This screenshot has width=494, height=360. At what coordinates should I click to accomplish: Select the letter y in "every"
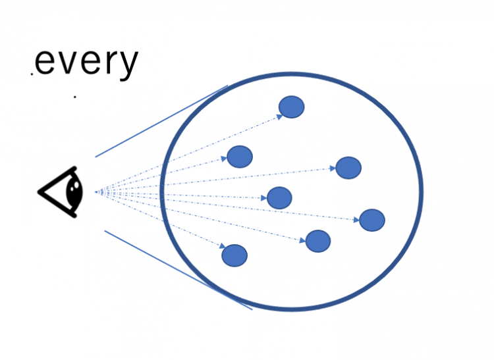click(126, 65)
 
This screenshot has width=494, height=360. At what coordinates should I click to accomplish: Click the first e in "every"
click(44, 63)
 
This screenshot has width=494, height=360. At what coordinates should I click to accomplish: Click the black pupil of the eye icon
click(74, 191)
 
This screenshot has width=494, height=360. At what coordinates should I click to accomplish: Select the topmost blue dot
click(291, 107)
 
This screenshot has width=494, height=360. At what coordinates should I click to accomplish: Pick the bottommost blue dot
click(234, 255)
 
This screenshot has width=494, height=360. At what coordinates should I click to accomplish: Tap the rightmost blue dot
click(372, 220)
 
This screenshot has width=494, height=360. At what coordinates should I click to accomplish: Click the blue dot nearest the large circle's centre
click(279, 197)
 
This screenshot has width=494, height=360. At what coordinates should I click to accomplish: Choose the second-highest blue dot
click(240, 157)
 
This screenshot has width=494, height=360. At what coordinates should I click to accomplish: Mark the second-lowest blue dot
click(318, 241)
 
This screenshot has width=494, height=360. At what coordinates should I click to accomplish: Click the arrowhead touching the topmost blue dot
click(280, 117)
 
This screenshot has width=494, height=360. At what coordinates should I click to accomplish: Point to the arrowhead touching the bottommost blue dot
click(223, 245)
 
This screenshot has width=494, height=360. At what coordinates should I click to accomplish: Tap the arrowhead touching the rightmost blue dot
click(356, 220)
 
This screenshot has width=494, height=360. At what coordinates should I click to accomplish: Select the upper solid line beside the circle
click(161, 121)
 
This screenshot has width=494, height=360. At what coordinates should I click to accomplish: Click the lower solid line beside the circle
click(178, 270)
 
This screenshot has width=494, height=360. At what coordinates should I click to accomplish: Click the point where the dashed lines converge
click(96, 192)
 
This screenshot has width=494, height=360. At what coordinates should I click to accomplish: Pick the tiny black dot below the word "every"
click(74, 97)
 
